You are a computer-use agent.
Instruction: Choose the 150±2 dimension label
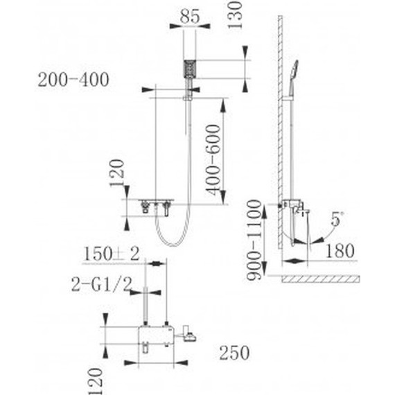[112, 253]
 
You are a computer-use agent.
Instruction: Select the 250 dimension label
[234, 353]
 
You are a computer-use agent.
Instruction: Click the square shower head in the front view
[190, 70]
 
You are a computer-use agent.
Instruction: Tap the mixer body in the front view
[157, 205]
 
